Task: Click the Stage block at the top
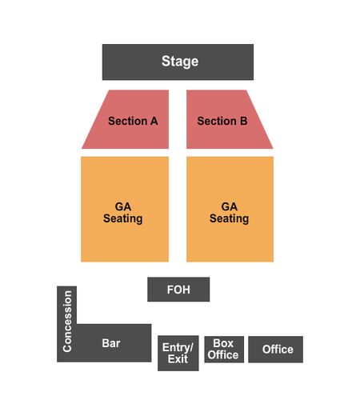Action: pos(178,62)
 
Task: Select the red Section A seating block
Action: pos(130,119)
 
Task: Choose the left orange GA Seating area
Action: pos(125,210)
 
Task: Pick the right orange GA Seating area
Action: pos(230,210)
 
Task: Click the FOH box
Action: pos(178,290)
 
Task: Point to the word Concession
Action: pos(67,322)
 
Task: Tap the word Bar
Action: pos(111,343)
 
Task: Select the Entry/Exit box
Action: pos(178,353)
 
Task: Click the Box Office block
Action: pos(224,350)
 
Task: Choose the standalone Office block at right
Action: pos(275,350)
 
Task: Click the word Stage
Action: pos(180,62)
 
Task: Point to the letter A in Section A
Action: pos(154,121)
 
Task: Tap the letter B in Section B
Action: pos(244,121)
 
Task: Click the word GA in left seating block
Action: pos(123,206)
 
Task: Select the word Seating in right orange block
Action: pos(229,218)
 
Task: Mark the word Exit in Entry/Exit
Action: pos(178,359)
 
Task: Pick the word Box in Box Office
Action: pos(223,343)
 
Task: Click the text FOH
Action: pos(178,290)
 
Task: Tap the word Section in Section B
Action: pos(217,121)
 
